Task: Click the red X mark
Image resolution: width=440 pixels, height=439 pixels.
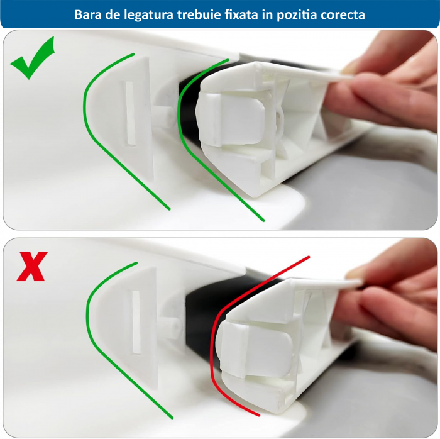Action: coord(30,267)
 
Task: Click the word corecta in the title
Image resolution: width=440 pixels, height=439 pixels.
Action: coord(343,14)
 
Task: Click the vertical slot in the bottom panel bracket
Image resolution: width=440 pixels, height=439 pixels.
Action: coord(133,321)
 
